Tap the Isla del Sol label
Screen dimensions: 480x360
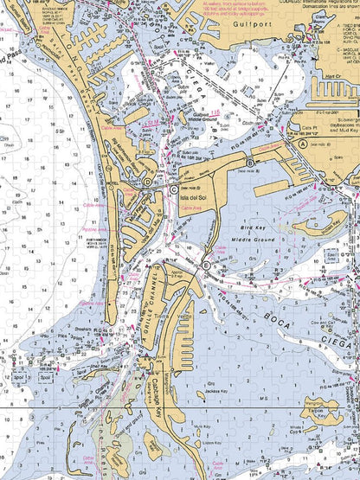pos(193,198)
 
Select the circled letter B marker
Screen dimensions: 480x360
pos(251,161)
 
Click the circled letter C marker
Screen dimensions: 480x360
pos(174,189)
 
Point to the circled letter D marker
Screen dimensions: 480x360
pos(148,182)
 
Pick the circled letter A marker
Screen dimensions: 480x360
pos(206,265)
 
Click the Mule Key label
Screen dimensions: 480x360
pos(202,426)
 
